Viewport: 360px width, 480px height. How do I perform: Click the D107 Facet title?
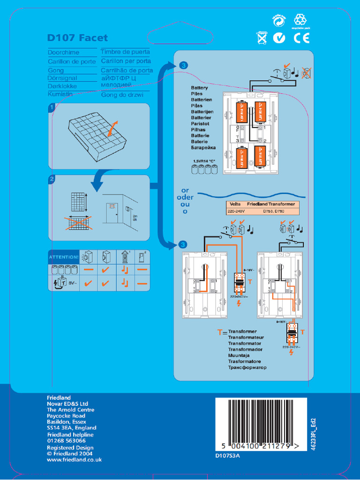77,38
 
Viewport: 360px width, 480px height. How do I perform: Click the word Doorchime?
64,52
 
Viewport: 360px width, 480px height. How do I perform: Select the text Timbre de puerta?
125,52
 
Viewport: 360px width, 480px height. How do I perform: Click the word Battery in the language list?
199,88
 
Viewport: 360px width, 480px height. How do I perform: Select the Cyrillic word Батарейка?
203,148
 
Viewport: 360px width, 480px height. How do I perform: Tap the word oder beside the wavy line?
185,197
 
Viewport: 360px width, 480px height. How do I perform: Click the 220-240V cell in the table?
236,211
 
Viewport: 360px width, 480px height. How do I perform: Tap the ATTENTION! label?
64,257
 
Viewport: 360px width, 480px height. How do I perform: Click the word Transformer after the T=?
242,331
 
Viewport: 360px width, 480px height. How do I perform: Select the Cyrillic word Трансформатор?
247,367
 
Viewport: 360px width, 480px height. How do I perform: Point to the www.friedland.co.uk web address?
74,460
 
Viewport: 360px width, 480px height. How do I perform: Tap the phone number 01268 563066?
66,441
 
